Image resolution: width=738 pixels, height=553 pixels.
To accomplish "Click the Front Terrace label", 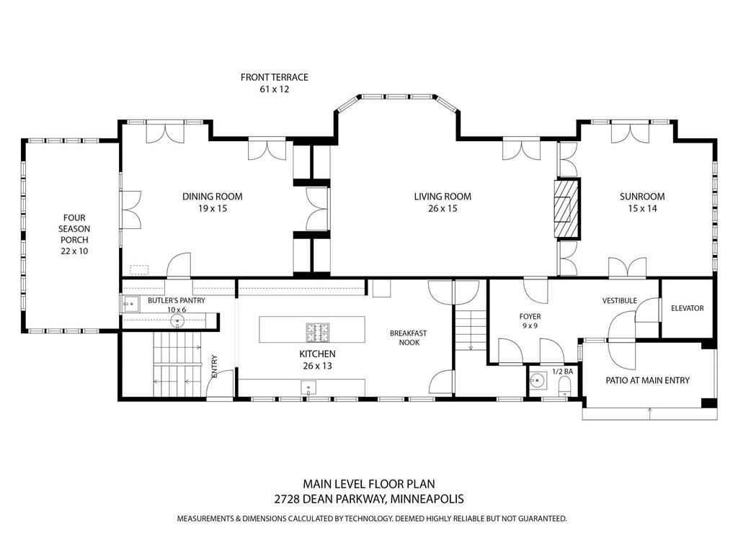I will click(x=274, y=77).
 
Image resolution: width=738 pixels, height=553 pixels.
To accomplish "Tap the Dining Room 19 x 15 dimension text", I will click(x=212, y=209).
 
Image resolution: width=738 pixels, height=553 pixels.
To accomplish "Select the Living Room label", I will click(x=443, y=197).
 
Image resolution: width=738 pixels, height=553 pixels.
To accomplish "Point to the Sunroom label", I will click(x=642, y=197).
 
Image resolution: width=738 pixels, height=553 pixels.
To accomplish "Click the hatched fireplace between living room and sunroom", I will click(x=566, y=209).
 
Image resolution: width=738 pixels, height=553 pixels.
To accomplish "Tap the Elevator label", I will click(x=687, y=308).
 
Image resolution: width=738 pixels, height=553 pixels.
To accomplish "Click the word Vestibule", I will click(x=619, y=300).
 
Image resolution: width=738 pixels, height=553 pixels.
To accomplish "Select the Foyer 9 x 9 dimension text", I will click(x=530, y=326).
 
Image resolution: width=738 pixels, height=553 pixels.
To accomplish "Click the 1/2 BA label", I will click(x=562, y=372).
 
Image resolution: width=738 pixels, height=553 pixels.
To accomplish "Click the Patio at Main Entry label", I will click(x=646, y=380).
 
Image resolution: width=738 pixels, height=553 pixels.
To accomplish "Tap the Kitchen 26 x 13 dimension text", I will click(x=317, y=366).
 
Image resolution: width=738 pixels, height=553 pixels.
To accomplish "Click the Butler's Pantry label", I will click(x=177, y=300).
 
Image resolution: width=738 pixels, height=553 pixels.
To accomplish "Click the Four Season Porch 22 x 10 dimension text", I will click(x=74, y=251).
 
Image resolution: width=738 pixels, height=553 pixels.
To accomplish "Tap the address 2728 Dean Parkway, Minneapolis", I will click(x=368, y=498).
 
